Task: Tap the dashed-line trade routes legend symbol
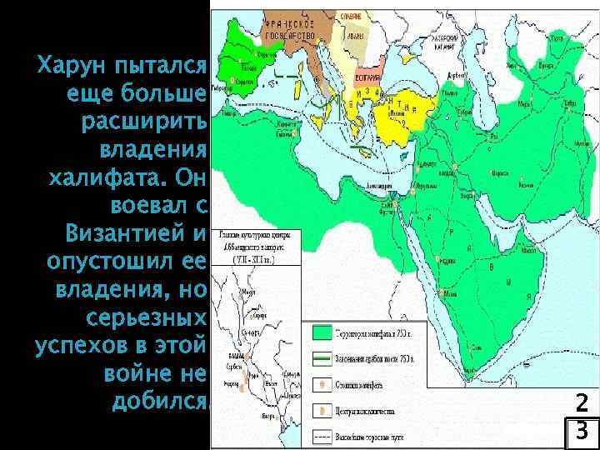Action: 322,436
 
